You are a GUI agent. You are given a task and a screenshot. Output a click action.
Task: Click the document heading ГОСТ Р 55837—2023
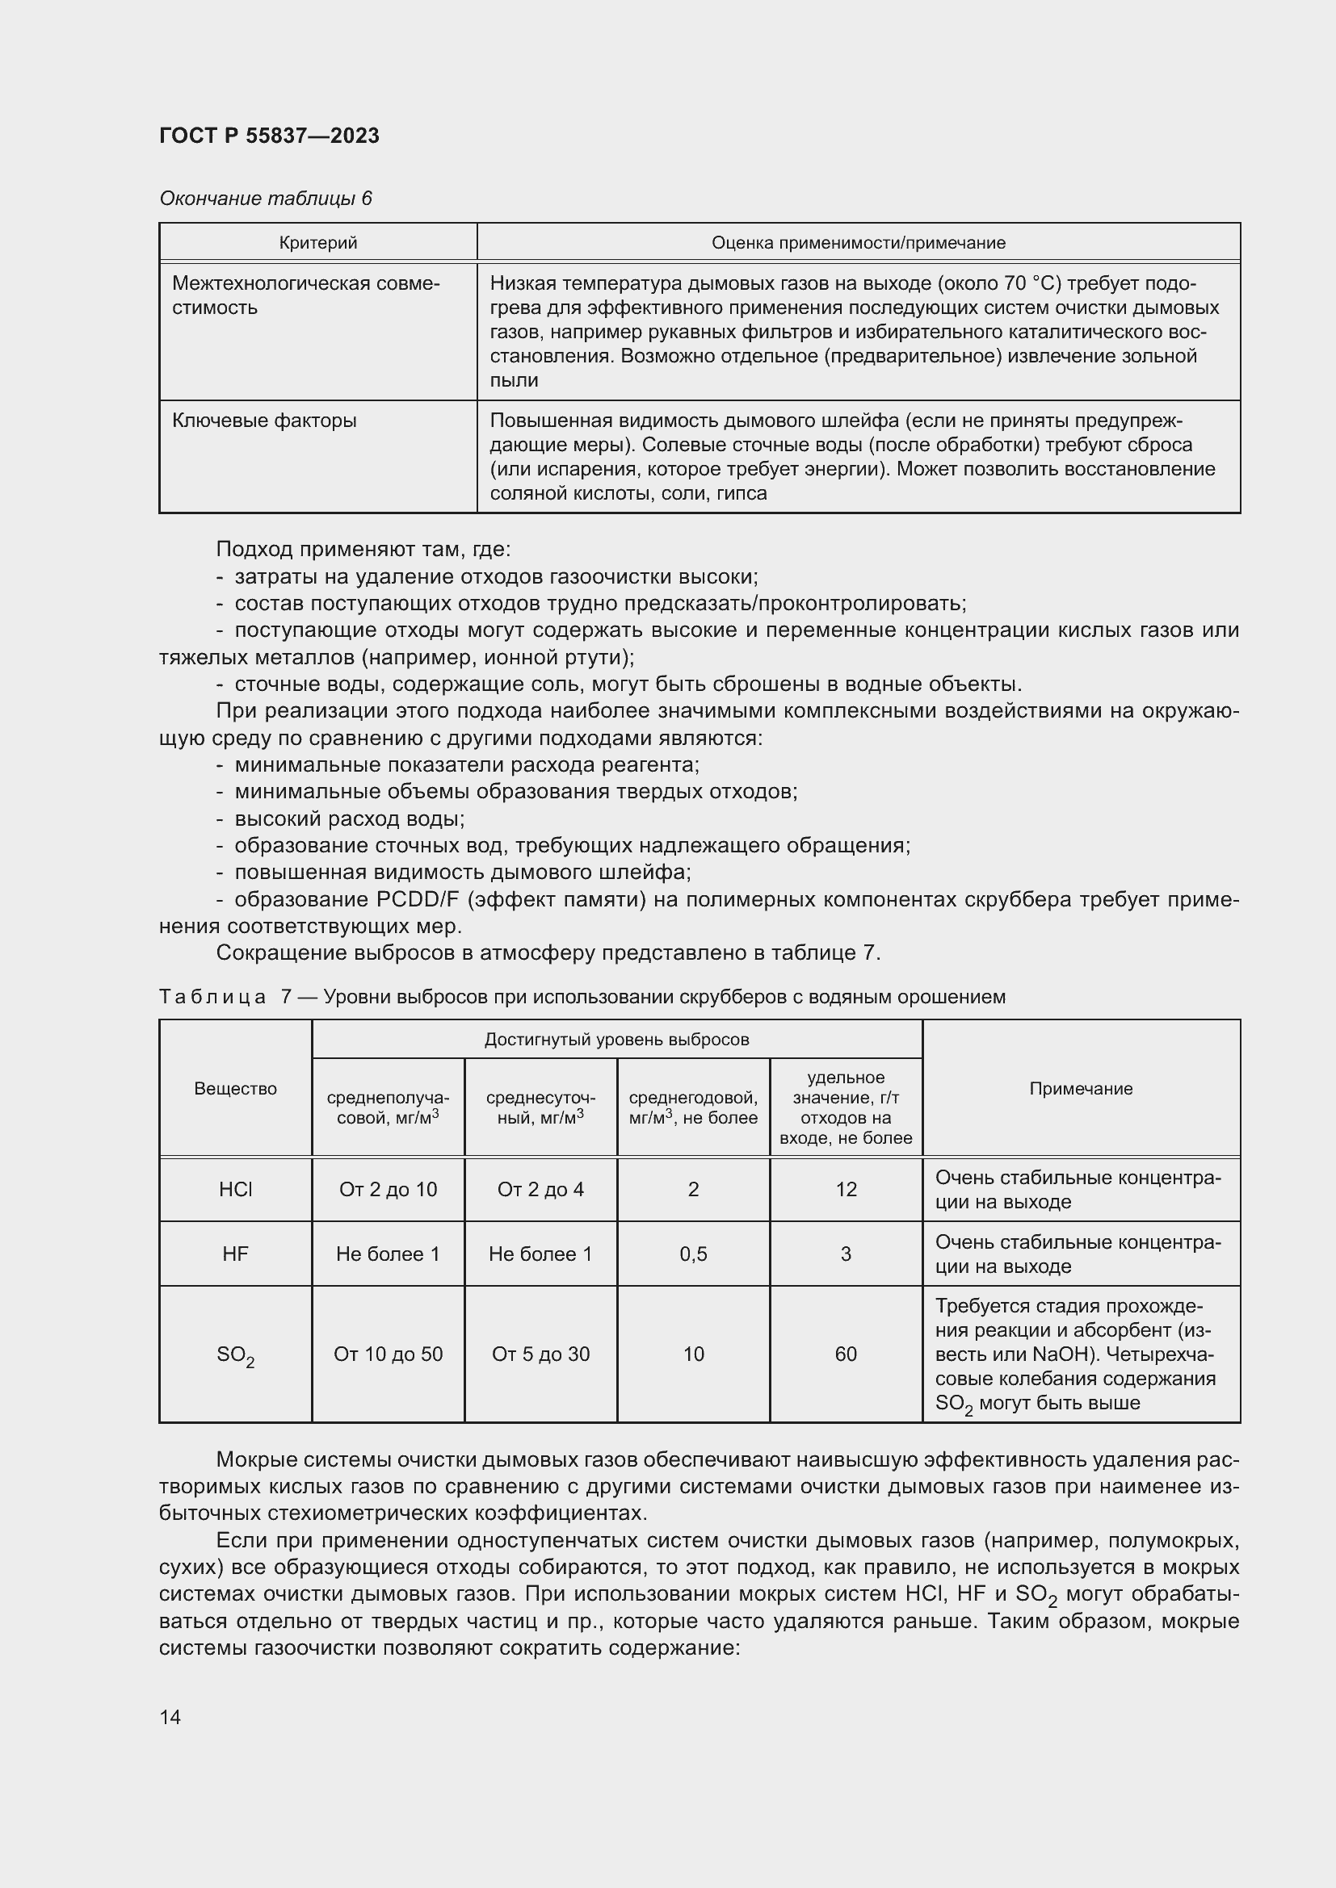click(269, 136)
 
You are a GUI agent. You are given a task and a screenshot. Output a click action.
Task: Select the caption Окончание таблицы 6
click(265, 199)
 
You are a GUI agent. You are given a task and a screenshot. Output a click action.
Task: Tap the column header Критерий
click(317, 243)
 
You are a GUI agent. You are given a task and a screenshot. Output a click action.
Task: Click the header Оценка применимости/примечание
click(858, 243)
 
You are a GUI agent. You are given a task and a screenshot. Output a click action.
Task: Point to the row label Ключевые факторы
click(264, 421)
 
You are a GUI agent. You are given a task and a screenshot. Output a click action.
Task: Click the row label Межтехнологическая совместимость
click(305, 295)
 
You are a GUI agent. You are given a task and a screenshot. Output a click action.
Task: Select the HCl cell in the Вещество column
click(235, 1189)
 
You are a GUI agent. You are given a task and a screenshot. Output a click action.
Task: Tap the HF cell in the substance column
click(235, 1254)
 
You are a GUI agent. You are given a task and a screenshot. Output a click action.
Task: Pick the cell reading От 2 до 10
click(388, 1189)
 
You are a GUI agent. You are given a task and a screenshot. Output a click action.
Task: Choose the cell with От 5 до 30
click(540, 1354)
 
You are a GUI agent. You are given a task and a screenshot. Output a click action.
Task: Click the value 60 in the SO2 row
click(846, 1354)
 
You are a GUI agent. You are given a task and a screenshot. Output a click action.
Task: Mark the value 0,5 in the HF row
click(693, 1254)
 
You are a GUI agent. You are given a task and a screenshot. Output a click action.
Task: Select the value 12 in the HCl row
click(846, 1189)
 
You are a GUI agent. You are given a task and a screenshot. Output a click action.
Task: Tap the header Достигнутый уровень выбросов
click(616, 1040)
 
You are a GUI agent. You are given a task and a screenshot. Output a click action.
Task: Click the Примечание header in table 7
click(1081, 1089)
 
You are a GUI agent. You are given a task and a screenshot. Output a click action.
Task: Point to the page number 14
click(170, 1717)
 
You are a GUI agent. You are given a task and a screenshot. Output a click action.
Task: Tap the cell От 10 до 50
click(388, 1354)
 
